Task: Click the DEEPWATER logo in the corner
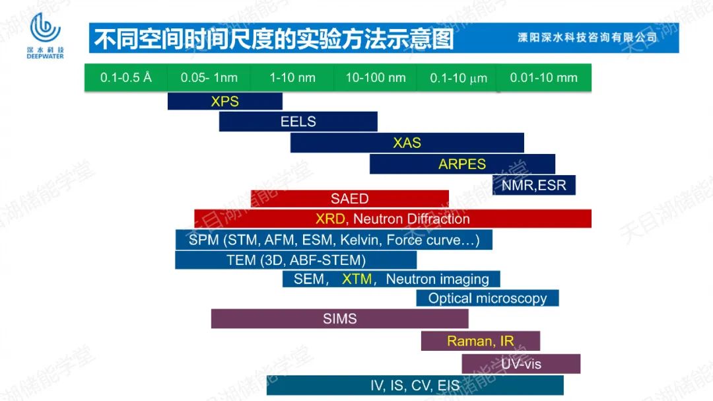pos(45,36)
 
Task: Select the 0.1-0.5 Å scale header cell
pos(126,78)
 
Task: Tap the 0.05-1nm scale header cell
pos(209,78)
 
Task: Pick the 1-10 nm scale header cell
pos(292,78)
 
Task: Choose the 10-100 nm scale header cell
pos(375,78)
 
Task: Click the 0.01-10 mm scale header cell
pos(544,78)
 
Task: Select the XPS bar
pos(225,101)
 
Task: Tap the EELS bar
pos(298,122)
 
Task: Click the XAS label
pos(407,143)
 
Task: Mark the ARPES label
pos(462,164)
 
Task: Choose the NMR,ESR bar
pos(534,185)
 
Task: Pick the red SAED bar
pos(350,198)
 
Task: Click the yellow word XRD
pos(331,219)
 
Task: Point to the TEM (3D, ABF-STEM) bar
pos(296,260)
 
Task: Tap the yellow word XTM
pos(357,279)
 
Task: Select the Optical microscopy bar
pos(487,298)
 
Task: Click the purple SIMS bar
pos(340,318)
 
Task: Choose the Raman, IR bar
pos(481,341)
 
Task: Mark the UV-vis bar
pos(521,364)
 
